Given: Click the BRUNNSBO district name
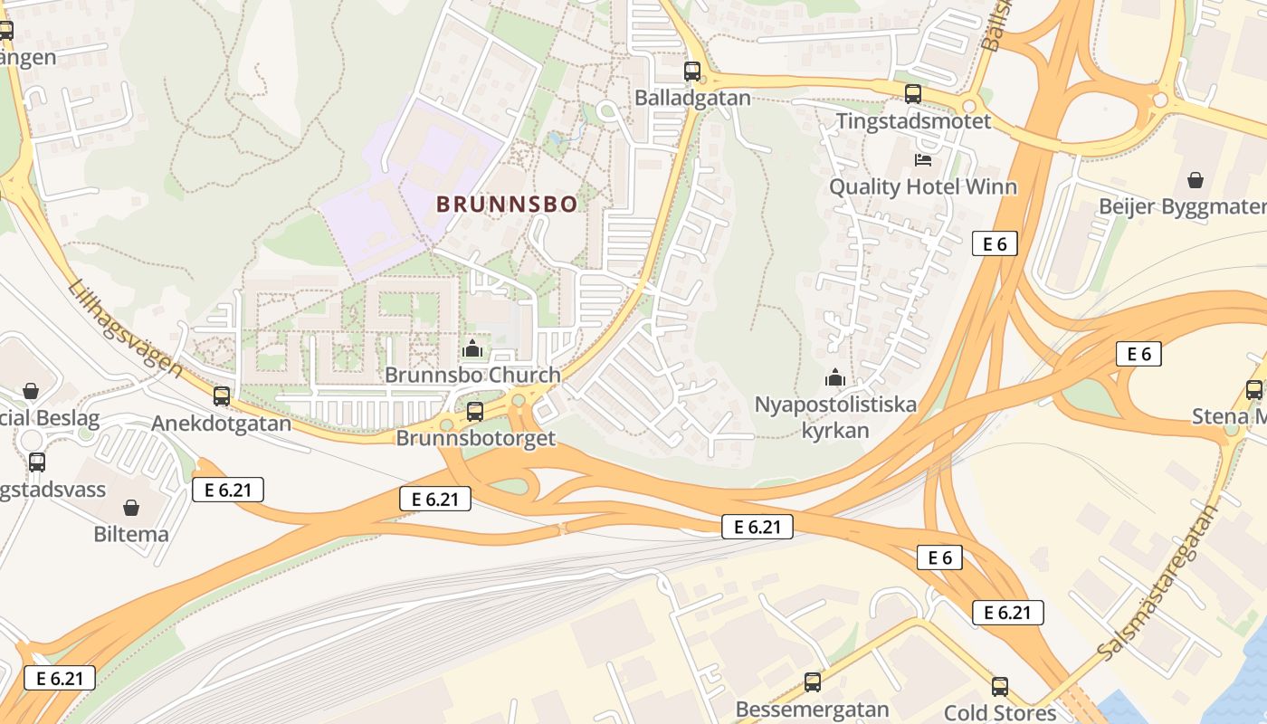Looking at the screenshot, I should pyautogui.click(x=507, y=205).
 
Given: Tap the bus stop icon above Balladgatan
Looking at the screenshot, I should pyautogui.click(x=692, y=71).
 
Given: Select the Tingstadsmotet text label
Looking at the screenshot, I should pyautogui.click(x=913, y=121).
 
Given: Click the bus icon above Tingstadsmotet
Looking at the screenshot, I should pyautogui.click(x=913, y=93).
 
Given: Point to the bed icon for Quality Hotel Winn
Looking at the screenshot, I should pyautogui.click(x=923, y=160).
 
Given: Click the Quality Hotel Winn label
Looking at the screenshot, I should pyautogui.click(x=923, y=187).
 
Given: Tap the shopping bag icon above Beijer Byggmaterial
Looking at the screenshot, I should pyautogui.click(x=1196, y=180).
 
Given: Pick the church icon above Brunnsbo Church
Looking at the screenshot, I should pyautogui.click(x=472, y=348).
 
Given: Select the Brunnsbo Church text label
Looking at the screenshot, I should pyautogui.click(x=472, y=375).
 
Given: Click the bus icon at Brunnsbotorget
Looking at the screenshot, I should pyautogui.click(x=475, y=412).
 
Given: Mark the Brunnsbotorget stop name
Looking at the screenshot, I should pyautogui.click(x=475, y=438).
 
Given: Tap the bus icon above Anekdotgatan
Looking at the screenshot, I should pyautogui.click(x=222, y=395).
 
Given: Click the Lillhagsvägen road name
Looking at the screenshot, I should pyautogui.click(x=125, y=328).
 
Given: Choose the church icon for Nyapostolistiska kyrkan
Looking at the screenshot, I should pyautogui.click(x=835, y=377).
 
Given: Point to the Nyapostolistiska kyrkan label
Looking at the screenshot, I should pyautogui.click(x=835, y=416).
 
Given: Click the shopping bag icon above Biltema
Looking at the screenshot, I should pyautogui.click(x=131, y=508).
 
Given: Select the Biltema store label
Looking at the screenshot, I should pyautogui.click(x=131, y=534).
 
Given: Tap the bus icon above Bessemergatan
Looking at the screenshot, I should pyautogui.click(x=813, y=682).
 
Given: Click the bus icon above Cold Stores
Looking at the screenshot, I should pyautogui.click(x=1000, y=686).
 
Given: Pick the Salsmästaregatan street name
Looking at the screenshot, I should pyautogui.click(x=1157, y=582).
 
